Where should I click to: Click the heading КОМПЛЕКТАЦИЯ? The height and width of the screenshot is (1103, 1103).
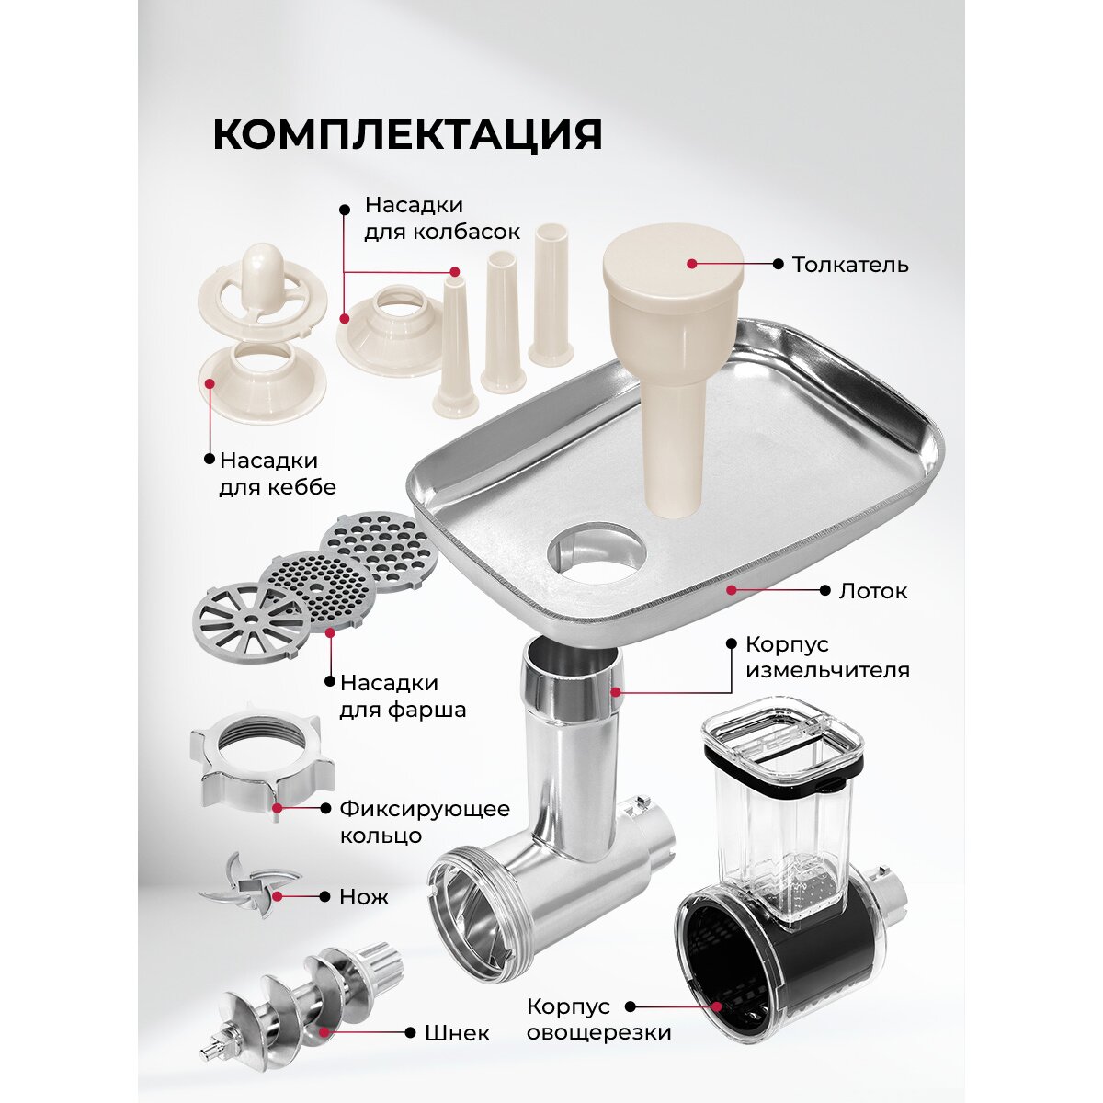click(x=407, y=135)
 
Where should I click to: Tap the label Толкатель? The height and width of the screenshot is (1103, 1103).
click(x=850, y=265)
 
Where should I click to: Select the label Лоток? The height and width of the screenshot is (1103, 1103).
click(x=873, y=591)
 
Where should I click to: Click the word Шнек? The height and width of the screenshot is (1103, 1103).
click(x=458, y=1033)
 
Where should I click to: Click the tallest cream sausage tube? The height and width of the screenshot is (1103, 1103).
click(x=551, y=294)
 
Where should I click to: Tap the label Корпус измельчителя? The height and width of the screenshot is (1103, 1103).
click(x=827, y=656)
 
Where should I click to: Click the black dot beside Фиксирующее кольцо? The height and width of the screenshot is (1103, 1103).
click(x=325, y=808)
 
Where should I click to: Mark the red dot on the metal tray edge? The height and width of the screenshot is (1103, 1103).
click(x=731, y=589)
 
